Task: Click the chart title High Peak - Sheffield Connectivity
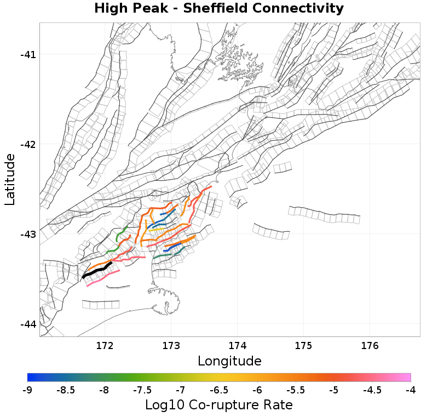tap(219, 9)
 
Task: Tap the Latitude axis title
tap(10, 179)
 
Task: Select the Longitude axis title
tap(229, 361)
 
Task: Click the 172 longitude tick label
tap(105, 346)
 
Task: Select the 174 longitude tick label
tap(237, 346)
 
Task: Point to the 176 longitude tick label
tap(370, 346)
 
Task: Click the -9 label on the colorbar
tap(27, 390)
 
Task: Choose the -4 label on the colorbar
tap(411, 390)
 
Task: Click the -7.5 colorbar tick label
tap(142, 390)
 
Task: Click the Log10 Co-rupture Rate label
tap(219, 405)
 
